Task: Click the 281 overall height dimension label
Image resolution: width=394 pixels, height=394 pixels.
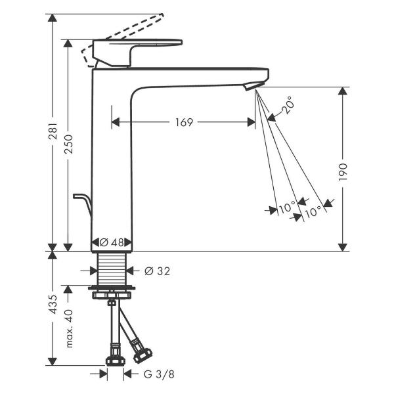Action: pos(53,131)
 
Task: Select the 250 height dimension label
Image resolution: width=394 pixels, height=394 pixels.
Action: pos(68,144)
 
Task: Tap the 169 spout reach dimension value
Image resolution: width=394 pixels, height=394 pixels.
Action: pos(184,122)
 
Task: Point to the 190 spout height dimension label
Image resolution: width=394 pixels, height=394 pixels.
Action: pos(343,171)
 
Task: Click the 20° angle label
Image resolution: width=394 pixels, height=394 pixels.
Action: pos(286,105)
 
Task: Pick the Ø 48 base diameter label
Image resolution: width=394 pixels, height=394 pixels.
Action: pos(112,242)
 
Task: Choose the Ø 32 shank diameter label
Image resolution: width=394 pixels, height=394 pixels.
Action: pos(158,271)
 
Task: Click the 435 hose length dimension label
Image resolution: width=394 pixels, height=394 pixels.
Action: pos(53,304)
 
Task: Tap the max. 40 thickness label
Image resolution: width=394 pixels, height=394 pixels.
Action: pos(68,328)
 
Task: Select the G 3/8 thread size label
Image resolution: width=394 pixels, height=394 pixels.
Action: pos(159,374)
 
